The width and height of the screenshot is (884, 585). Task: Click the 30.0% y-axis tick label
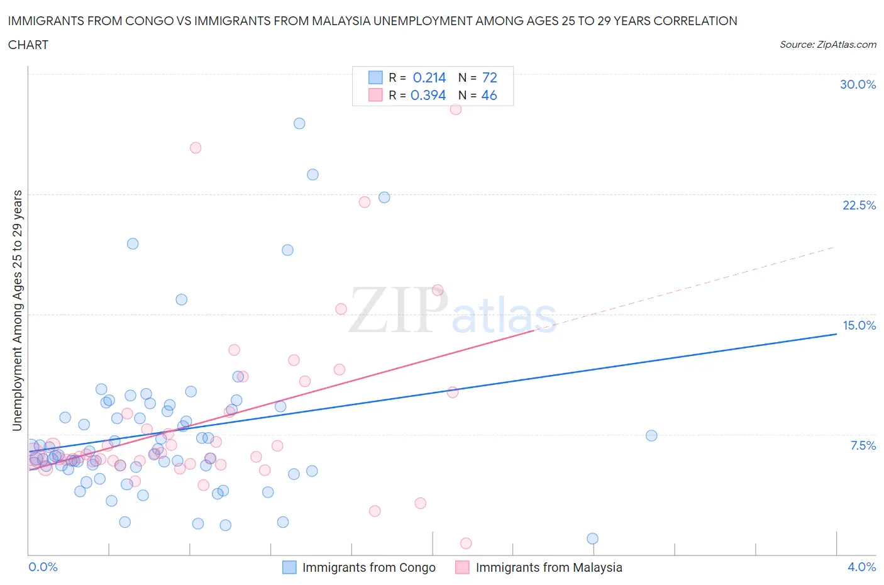coord(858,84)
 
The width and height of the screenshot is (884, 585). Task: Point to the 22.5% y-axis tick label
coord(859,205)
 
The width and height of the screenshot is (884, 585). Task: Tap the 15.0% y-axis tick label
coord(859,325)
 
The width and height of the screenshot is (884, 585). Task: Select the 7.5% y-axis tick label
coord(863,445)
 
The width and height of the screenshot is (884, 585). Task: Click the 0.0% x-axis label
coord(43,567)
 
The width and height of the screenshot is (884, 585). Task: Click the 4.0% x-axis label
coord(861,567)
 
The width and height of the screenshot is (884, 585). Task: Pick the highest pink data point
coord(456,109)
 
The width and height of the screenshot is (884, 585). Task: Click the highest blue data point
coord(299,123)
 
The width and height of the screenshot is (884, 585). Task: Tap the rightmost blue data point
coord(651,435)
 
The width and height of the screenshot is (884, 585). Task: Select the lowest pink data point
coord(466,543)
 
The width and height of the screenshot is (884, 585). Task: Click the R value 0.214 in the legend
coord(429,77)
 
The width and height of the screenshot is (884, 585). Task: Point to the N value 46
coord(489,95)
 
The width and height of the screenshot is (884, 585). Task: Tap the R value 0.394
coord(428,95)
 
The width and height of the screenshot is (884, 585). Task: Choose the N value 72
coord(490,77)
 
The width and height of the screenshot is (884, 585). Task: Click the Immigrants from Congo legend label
coord(368,567)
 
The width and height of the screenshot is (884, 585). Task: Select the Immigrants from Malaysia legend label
coord(548,567)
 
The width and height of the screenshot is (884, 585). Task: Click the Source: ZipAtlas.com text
coord(827,44)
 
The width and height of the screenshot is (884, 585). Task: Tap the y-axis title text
coord(17,310)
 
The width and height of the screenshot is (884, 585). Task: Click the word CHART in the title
coord(28,45)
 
